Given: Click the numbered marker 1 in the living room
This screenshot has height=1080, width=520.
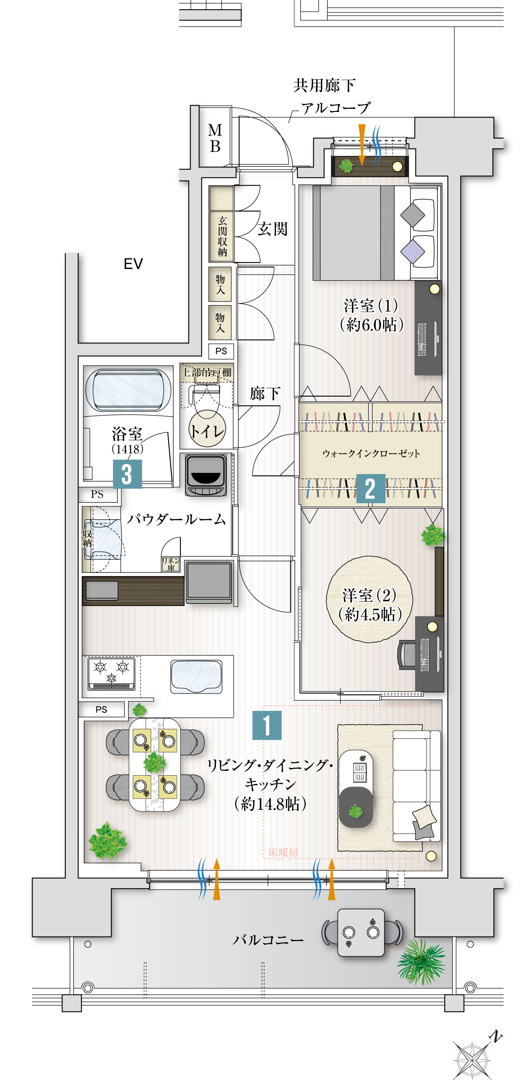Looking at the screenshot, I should click(x=267, y=725).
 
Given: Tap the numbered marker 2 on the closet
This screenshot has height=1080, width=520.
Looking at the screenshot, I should click(x=370, y=488).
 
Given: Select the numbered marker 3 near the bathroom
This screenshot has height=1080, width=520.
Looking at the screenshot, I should click(x=127, y=474).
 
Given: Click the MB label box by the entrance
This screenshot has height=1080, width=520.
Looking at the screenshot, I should click(x=215, y=138).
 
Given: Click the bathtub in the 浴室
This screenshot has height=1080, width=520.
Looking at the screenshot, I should click(x=128, y=390).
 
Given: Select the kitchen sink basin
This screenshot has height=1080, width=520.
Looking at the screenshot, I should click(x=196, y=676).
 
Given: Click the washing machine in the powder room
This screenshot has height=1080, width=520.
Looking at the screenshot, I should click(x=206, y=475).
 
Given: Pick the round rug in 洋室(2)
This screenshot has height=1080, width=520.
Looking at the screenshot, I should click(x=369, y=599).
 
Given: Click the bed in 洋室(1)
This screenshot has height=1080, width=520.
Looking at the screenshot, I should click(x=375, y=233).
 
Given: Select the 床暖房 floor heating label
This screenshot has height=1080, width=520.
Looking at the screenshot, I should click(x=283, y=852).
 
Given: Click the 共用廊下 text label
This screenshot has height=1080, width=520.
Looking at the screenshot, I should click(x=324, y=85).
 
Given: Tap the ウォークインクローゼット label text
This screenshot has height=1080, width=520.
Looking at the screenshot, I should click(x=371, y=454).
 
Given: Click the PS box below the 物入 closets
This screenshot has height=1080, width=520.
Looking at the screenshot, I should click(x=221, y=351).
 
